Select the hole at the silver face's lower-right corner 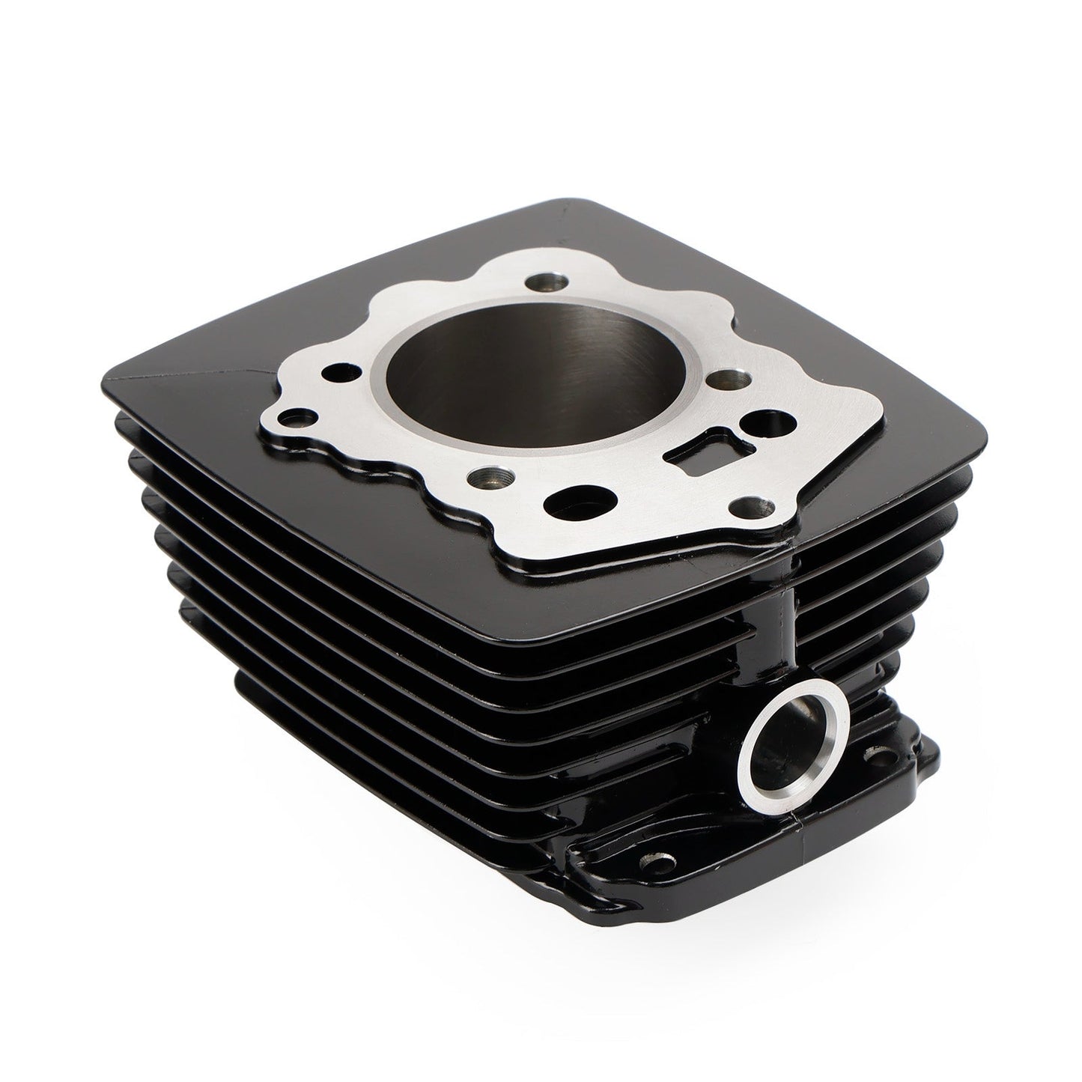pyautogui.click(x=747, y=506)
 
